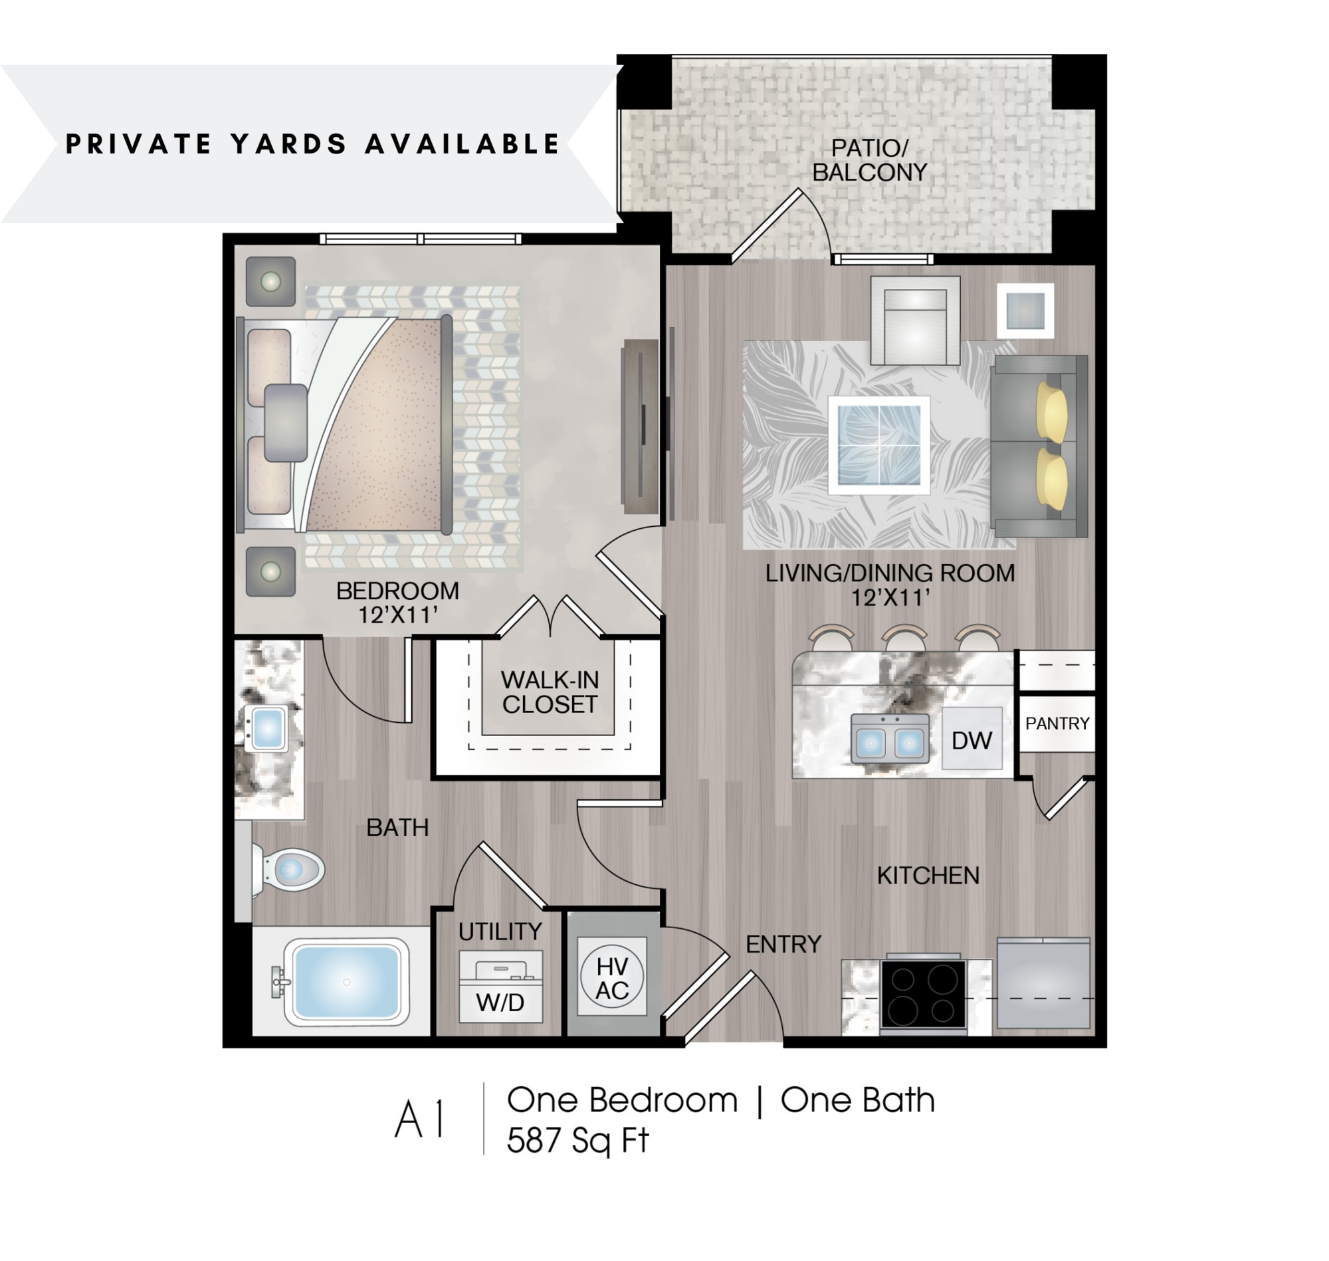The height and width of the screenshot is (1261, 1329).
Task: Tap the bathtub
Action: click(346, 982)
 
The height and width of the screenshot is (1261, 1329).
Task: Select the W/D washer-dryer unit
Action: click(500, 986)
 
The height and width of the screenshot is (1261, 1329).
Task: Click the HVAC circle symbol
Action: click(612, 978)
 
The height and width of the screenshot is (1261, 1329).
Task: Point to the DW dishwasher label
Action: click(971, 741)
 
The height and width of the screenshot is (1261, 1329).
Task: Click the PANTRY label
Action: click(1057, 724)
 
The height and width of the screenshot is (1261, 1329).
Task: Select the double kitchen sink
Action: click(889, 739)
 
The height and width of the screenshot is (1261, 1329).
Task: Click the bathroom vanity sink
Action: click(268, 728)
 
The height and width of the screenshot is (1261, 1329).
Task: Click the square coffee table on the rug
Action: click(878, 444)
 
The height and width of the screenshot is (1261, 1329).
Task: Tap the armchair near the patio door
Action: click(914, 321)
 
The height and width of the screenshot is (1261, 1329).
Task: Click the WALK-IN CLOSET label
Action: click(550, 692)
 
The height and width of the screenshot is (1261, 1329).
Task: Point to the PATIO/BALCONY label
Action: click(869, 160)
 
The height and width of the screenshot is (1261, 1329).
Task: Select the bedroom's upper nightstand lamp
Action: click(270, 282)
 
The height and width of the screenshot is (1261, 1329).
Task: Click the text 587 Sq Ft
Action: click(577, 1141)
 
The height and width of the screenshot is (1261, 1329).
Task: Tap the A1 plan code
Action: click(420, 1121)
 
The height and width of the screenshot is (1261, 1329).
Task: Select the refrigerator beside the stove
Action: click(1043, 983)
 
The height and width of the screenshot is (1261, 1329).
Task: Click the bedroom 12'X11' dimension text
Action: click(397, 615)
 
